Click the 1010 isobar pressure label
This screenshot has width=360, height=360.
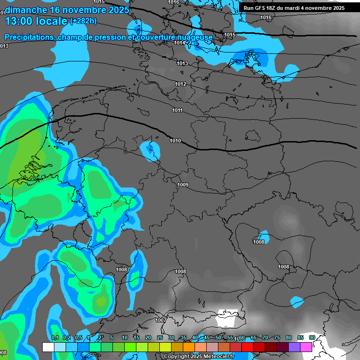(x=175, y=141)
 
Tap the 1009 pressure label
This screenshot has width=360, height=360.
(x=183, y=185)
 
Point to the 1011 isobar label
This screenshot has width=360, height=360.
(x=177, y=110)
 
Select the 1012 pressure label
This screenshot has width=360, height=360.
(x=181, y=84)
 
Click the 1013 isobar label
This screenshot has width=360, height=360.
(x=182, y=63)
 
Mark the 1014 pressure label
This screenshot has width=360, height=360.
(x=180, y=43)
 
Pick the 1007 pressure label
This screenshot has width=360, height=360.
(x=160, y=320)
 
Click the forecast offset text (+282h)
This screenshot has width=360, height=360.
(x=83, y=21)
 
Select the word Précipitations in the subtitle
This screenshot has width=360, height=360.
(x=29, y=37)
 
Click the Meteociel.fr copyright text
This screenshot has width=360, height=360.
(x=199, y=357)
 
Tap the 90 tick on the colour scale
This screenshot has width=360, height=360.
(x=312, y=337)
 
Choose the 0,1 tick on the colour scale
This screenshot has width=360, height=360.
(x=55, y=337)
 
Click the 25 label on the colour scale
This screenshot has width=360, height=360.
(x=160, y=337)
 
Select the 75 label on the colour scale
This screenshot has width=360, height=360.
(x=277, y=337)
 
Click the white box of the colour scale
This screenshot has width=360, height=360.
(x=48, y=347)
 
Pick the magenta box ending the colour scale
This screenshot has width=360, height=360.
(x=306, y=347)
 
